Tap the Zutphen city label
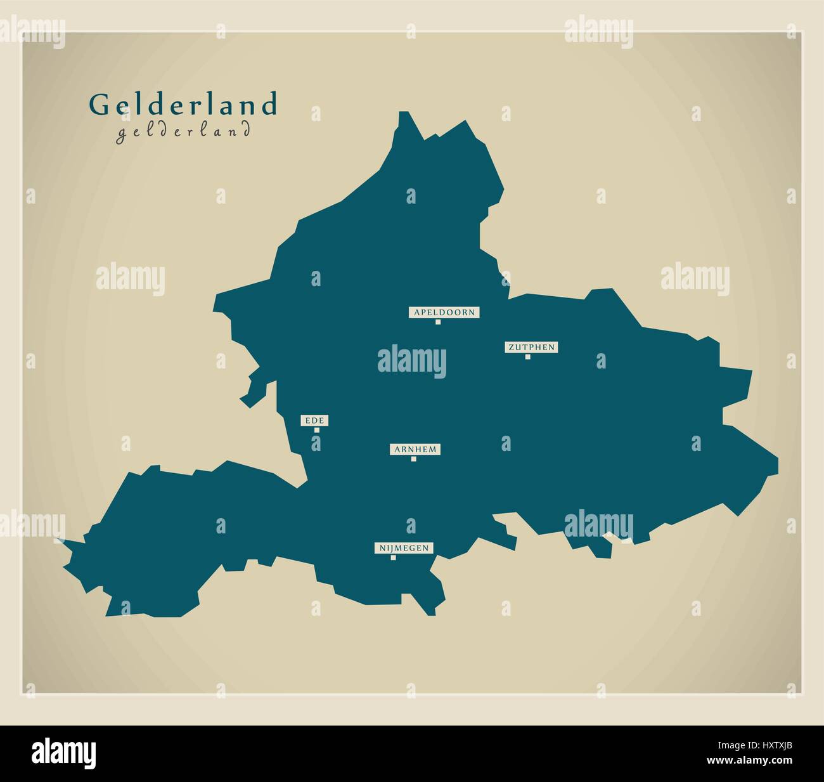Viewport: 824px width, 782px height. pos(531,347)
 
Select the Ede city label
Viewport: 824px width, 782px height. pos(316,420)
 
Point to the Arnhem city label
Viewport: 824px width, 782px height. pos(415,449)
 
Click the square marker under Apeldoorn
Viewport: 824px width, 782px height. pos(438,322)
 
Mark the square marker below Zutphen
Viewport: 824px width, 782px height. pos(527,357)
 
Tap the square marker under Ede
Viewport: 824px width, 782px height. pos(317,430)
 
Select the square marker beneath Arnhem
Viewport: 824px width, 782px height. pos(413,459)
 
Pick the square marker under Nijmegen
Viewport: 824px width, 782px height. pos(393,557)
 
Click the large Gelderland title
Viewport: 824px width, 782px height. pos(183,105)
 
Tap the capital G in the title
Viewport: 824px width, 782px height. pos(100,105)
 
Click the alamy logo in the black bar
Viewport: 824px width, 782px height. pos(64,752)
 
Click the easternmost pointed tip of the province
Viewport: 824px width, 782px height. pos(778,457)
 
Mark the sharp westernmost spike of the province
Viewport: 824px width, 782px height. pos(57,538)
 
